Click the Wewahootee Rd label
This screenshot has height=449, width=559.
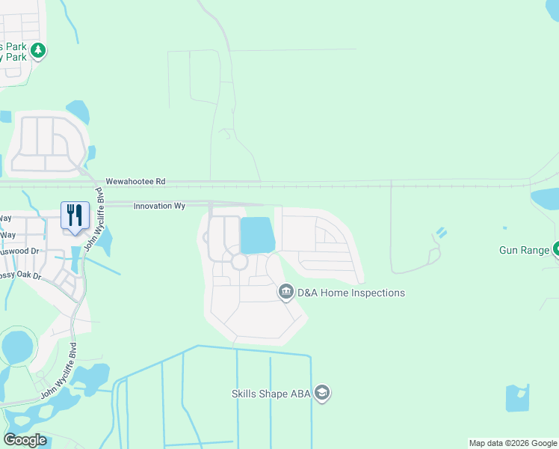click(135, 181)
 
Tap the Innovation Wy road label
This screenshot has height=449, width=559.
click(159, 206)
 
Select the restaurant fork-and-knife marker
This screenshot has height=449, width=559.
click(75, 216)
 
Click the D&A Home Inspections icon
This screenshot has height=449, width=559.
click(285, 293)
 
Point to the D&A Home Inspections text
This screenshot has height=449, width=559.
click(351, 293)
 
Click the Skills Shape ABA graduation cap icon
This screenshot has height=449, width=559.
click(322, 393)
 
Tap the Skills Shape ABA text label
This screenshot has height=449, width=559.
click(271, 393)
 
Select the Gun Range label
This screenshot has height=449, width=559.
click(525, 249)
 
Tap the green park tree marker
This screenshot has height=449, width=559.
click(38, 51)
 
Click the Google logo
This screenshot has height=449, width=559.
click(25, 439)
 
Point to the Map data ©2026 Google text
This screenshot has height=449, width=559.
click(512, 443)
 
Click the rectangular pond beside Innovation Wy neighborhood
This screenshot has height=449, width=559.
click(258, 235)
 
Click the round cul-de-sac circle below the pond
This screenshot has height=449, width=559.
click(239, 262)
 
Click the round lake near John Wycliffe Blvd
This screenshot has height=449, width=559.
click(16, 346)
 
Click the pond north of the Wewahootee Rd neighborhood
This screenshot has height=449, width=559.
click(78, 112)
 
